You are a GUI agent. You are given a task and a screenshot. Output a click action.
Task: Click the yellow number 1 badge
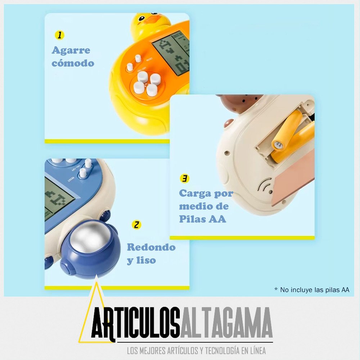point(59,35)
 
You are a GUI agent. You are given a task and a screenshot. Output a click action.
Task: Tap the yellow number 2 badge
point(136,225)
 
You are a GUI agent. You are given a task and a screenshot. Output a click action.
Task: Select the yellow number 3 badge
point(184,179)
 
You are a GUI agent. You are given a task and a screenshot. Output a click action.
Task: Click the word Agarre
point(71,50)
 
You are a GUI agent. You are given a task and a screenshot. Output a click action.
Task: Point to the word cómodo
point(73,63)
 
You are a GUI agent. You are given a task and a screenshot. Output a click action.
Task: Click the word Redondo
point(151,247)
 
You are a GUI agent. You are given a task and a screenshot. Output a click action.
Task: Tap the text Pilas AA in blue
point(202,219)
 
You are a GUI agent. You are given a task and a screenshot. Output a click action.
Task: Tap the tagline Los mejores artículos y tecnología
point(196,351)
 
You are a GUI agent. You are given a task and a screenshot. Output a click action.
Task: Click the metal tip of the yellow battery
point(278,145)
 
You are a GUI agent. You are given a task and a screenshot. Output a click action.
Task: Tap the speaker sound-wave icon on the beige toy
point(264,185)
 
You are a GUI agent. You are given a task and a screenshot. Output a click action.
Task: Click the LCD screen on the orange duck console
point(171,53)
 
